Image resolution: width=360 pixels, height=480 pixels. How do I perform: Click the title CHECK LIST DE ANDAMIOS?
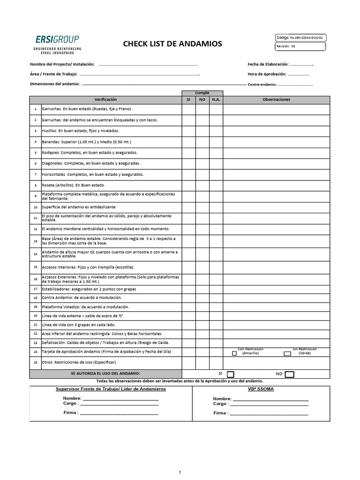172,44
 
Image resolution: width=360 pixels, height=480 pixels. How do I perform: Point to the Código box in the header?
300,37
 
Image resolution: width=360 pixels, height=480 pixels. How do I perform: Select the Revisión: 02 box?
300,46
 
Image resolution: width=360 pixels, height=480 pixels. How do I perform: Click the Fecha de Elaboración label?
268,64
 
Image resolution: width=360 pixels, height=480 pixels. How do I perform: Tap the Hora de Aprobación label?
267,74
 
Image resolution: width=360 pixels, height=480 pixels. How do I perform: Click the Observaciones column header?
276,99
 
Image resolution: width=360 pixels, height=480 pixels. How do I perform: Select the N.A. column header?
216,99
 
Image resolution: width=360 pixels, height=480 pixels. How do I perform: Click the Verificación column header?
105,99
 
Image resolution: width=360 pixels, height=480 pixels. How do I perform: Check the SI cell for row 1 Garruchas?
188,109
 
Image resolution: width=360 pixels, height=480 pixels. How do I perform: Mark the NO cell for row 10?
202,207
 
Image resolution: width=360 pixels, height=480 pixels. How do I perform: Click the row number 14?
36,255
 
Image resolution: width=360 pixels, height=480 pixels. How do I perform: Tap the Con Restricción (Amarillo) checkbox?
234,353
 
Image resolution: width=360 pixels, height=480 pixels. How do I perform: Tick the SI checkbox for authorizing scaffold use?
230,374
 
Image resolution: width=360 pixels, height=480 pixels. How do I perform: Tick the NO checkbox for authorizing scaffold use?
289,374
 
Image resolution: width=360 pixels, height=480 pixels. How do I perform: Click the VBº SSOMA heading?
261,389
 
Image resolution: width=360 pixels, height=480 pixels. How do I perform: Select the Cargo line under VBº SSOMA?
270,404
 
